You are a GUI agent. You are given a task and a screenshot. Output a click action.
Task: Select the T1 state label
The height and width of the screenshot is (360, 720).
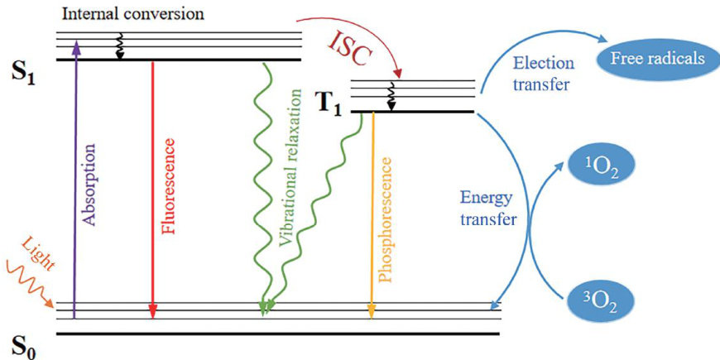point(329,106)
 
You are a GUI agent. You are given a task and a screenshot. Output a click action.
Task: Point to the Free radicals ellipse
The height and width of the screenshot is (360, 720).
point(657,59)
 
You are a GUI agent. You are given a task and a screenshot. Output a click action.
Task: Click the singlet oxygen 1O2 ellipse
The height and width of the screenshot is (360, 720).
point(602,166)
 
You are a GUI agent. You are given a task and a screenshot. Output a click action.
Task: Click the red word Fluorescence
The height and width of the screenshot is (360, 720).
point(169,186)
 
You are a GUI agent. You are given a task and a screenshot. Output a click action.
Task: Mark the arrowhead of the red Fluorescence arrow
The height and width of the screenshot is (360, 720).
point(152,311)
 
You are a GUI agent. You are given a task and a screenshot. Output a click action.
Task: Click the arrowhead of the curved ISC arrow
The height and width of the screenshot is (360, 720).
point(398,73)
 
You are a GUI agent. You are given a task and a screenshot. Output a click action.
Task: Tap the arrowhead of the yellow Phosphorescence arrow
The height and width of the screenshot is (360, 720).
point(372,311)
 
